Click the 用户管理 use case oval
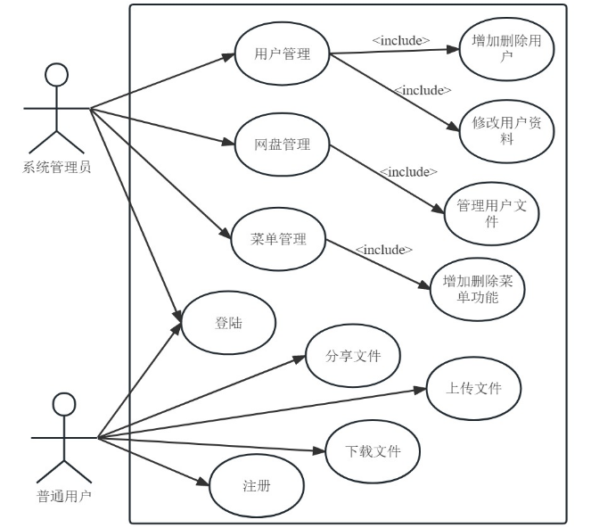coord(283,54)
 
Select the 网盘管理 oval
coord(283,144)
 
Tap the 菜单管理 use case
coord(278,239)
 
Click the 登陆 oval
coord(228,323)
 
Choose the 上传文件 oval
coord(473,389)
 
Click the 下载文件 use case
coord(373,451)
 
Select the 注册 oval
coord(257,487)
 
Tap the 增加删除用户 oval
coord(505,48)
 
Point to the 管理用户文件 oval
coord(491,214)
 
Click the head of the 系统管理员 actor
coord(57,75)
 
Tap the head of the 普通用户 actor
coord(63,404)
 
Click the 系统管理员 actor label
coord(57,167)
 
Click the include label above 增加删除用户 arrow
coord(401,40)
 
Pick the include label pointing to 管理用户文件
coord(408,171)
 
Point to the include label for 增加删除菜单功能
coord(383,250)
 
